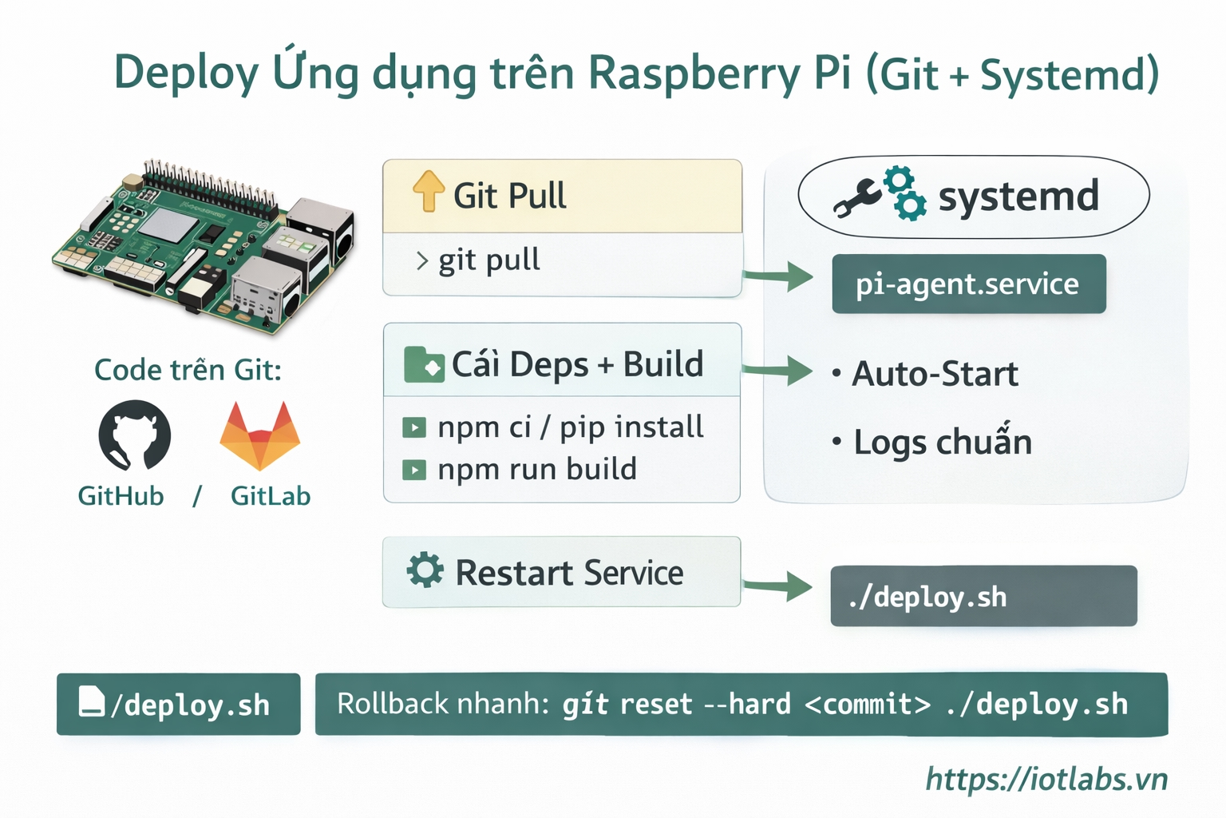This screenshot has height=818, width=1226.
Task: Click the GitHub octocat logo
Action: (134, 435)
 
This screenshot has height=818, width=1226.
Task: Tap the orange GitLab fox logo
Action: (259, 435)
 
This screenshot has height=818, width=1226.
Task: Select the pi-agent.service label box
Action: (968, 284)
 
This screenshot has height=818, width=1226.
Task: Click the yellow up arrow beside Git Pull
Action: (429, 192)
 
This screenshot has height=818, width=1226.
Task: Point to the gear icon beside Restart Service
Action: (425, 571)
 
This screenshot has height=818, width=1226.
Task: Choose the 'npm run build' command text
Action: (536, 469)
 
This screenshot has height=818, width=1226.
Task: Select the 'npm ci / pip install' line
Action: (570, 427)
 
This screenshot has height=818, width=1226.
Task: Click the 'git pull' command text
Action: (488, 260)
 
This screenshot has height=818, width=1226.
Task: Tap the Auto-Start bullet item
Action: (934, 374)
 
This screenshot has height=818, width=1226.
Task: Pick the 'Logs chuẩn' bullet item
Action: (942, 443)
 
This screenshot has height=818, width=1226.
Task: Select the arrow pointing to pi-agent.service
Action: (777, 276)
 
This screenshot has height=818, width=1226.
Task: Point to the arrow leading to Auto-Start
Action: (777, 371)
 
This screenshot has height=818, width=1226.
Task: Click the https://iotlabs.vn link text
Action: (1046, 779)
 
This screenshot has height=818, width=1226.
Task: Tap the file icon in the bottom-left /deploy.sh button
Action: (92, 701)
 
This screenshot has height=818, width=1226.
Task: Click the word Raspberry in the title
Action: (694, 74)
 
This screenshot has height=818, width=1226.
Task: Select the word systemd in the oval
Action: (1018, 197)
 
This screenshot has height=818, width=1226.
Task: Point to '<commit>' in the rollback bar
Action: (868, 705)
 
